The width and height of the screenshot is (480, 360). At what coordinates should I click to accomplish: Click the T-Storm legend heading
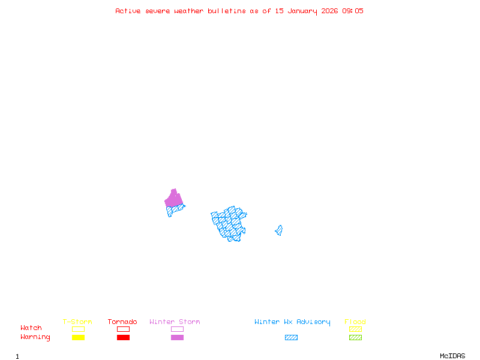[77, 322]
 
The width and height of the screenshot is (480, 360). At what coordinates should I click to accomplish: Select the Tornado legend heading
[122, 322]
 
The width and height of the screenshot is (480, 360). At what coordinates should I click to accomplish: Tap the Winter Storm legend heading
[175, 322]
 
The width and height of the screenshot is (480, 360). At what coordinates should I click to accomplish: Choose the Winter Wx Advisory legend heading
[292, 322]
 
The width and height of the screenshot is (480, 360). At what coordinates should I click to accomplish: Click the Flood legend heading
[355, 322]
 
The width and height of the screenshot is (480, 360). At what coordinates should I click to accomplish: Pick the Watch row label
[31, 328]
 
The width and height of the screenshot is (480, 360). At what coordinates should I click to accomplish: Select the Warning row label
[35, 337]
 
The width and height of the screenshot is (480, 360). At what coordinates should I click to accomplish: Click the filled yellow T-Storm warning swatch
[78, 338]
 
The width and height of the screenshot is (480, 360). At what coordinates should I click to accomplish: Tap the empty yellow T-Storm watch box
[78, 329]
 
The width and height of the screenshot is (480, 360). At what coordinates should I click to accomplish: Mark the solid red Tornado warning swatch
[123, 338]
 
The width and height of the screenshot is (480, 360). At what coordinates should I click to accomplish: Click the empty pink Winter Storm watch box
[177, 329]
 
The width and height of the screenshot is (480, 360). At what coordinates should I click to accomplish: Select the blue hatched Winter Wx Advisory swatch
[291, 338]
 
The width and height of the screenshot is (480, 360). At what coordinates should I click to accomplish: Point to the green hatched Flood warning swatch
[355, 338]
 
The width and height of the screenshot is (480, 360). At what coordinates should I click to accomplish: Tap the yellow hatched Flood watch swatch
[355, 329]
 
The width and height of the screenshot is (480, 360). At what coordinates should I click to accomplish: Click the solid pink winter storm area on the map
[173, 199]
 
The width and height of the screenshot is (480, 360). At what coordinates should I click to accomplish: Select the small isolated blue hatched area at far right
[279, 230]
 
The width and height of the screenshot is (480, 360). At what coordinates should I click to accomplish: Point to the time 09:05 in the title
[353, 11]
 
